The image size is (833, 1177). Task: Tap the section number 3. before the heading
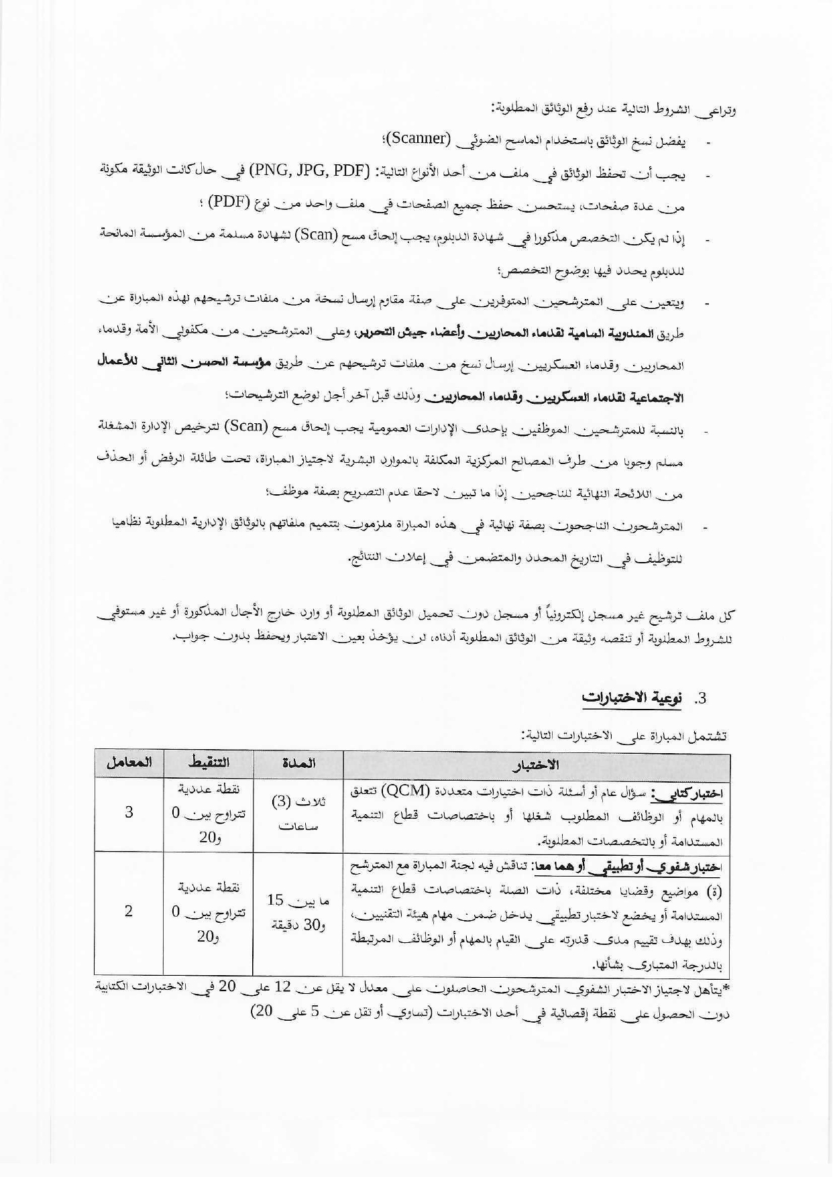[700, 698]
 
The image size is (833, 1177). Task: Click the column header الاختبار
[536, 765]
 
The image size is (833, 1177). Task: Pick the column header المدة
[298, 763]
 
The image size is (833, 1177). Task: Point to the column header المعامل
[129, 763]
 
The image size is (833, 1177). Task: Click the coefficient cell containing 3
[129, 813]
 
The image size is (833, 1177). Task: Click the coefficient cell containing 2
[129, 911]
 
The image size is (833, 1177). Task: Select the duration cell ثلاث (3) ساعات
[298, 814]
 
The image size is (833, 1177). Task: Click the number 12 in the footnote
[282, 987]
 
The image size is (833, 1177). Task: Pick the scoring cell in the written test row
[209, 814]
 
